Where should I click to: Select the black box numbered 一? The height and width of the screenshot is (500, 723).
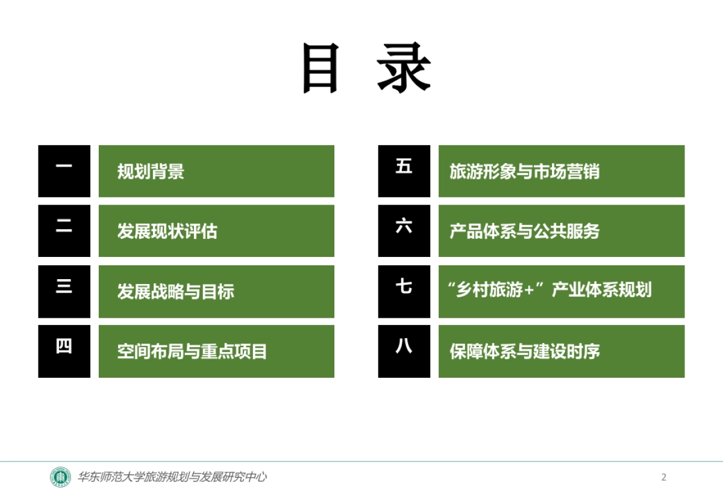click(64, 171)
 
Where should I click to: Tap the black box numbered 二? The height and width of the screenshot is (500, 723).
click(64, 231)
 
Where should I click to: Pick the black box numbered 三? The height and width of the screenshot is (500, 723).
click(64, 291)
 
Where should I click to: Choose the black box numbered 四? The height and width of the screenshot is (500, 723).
click(64, 351)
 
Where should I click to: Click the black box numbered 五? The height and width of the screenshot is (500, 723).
click(404, 171)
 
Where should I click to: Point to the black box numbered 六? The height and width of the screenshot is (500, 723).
click(404, 231)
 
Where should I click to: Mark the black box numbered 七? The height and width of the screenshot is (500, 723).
click(404, 291)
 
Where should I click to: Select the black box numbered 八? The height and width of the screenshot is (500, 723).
click(404, 351)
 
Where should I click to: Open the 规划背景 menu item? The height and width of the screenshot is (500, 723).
click(151, 171)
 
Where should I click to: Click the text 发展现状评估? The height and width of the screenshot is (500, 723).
click(167, 232)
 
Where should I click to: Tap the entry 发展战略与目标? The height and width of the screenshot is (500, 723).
click(175, 292)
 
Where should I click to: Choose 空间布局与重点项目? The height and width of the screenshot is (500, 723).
click(192, 351)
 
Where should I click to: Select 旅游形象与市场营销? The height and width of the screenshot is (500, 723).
click(524, 171)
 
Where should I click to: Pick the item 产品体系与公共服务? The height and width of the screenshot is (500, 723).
click(524, 232)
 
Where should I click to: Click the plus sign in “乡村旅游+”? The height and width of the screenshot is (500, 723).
click(530, 291)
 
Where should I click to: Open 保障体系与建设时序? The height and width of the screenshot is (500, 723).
click(524, 351)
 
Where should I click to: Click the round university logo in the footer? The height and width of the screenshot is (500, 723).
click(60, 477)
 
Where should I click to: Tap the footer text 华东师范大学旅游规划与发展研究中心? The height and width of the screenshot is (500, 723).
click(172, 477)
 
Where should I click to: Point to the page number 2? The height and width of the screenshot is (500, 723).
click(664, 478)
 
